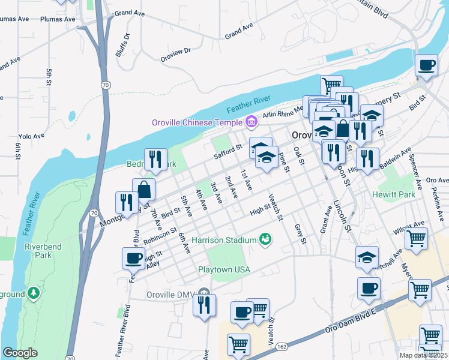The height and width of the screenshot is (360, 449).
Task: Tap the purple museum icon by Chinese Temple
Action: point(252,123)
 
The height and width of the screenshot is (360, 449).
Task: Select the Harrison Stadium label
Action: point(224,241)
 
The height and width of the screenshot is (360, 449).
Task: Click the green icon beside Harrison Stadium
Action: point(265,240)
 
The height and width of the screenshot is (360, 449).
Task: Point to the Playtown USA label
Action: point(224,269)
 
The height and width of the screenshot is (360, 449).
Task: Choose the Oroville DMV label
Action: point(172,295)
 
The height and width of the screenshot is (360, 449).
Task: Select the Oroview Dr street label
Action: point(175,55)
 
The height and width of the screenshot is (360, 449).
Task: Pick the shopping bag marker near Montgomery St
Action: point(145,190)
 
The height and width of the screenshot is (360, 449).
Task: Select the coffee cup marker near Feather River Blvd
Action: point(133,259)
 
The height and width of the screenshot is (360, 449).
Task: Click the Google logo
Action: point(20,353)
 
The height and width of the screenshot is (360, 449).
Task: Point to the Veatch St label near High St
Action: point(275,207)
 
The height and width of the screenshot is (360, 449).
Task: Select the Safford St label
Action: point(228,151)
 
